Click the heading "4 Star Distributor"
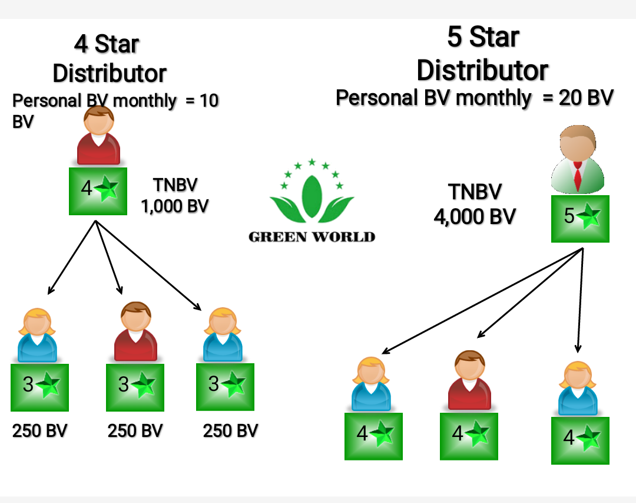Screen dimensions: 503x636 (x=110, y=59)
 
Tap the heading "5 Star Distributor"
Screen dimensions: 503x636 (x=483, y=54)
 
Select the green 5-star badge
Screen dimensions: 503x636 (x=580, y=219)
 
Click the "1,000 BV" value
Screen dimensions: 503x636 (x=175, y=206)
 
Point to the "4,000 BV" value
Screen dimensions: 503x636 (x=475, y=216)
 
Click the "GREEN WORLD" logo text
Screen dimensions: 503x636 (x=312, y=237)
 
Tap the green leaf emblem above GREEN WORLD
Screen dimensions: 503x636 (x=312, y=192)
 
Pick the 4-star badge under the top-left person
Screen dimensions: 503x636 (x=98, y=190)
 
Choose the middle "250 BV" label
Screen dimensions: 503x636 (x=135, y=431)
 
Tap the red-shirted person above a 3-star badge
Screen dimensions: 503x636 (x=135, y=333)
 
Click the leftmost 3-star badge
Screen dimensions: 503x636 (x=40, y=387)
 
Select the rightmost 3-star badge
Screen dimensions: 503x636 (x=225, y=387)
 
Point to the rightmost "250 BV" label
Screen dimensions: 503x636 (x=230, y=431)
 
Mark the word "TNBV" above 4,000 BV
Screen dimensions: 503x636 (x=475, y=192)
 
